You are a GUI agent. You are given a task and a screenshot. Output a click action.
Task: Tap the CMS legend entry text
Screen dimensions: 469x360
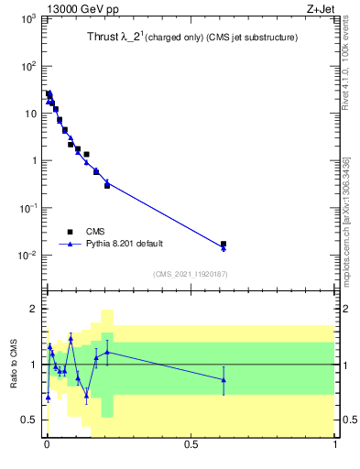point(96,232)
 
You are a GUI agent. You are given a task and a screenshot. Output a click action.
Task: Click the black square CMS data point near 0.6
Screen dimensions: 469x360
point(224,245)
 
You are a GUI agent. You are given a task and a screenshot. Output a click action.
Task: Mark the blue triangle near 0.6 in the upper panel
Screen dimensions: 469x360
point(224,248)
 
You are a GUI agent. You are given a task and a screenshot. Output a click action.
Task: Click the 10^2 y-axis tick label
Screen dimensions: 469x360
point(27,66)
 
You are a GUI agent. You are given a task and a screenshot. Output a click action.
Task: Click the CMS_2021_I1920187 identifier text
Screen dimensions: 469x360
point(190,274)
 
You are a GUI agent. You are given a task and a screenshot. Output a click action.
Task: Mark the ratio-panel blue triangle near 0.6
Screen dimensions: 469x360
point(224,379)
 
